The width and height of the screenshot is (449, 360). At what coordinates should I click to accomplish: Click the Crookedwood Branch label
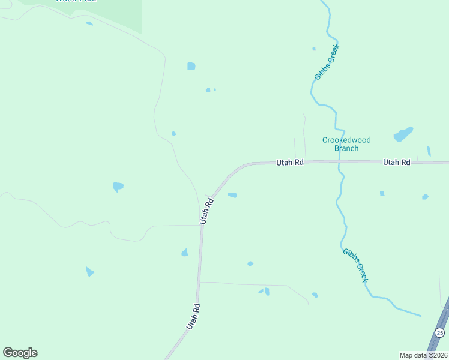coord(346,144)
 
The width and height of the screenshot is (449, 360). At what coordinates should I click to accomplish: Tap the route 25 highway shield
coord(440,332)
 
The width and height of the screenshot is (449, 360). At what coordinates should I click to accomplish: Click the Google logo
coord(20,353)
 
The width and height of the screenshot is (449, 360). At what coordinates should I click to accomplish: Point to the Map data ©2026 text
coord(423,355)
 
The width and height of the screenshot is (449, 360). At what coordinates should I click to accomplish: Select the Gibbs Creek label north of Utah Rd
coord(327,62)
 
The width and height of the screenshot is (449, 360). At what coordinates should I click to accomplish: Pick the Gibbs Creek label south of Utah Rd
coord(355,265)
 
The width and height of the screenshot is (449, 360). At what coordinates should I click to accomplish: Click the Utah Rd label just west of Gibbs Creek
coord(290,162)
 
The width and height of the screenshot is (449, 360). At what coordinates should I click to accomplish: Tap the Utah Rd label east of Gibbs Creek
coord(397,162)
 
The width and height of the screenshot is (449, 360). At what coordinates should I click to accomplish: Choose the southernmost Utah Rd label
coord(193,316)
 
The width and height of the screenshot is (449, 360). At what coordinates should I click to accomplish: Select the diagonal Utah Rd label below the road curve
coord(207,211)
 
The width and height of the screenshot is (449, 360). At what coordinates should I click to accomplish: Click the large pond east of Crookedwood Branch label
coord(403,134)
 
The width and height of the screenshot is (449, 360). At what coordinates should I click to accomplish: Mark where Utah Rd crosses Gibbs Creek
coord(339,162)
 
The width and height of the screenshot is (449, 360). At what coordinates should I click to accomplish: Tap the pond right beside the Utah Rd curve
coord(232,195)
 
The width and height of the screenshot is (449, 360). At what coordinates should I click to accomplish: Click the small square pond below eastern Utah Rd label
coord(382,193)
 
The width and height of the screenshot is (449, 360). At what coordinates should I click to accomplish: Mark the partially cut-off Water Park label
coord(68,1)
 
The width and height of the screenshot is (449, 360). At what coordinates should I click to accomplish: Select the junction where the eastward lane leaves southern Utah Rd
coord(200,282)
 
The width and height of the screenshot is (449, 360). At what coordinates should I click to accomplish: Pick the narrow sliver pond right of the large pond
coord(429,151)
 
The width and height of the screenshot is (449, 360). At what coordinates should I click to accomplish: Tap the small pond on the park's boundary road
coord(89,23)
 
